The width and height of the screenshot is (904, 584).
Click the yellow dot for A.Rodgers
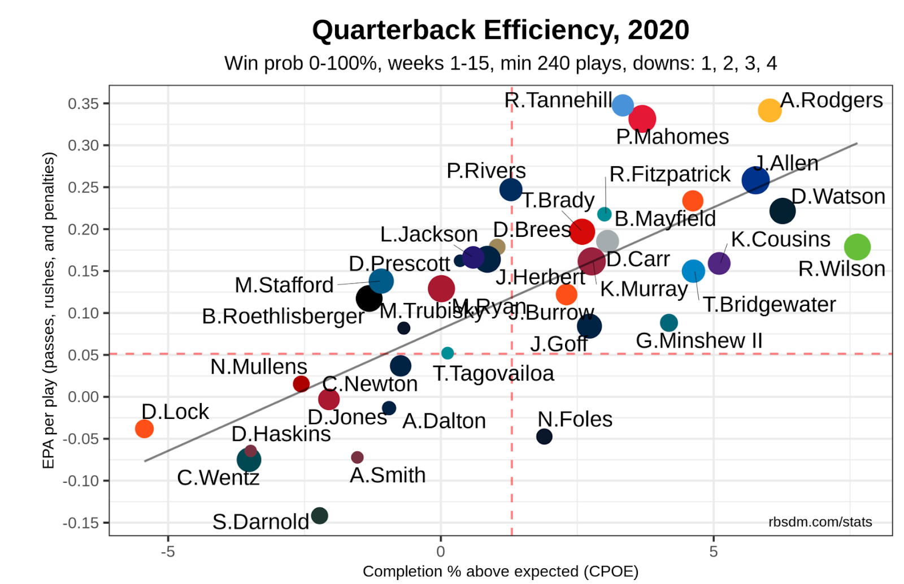pyautogui.click(x=769, y=110)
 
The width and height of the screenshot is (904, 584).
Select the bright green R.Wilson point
pyautogui.click(x=857, y=246)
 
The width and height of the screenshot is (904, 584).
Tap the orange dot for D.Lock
pyautogui.click(x=144, y=429)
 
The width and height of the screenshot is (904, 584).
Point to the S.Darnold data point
pyautogui.click(x=319, y=516)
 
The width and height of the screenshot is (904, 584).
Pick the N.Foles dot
pyautogui.click(x=544, y=436)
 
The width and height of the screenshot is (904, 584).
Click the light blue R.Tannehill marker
pyautogui.click(x=622, y=105)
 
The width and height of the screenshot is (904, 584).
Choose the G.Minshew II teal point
pyautogui.click(x=668, y=323)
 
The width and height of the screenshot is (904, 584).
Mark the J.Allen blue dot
pyautogui.click(x=755, y=180)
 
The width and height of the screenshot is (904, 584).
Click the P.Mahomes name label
pyautogui.click(x=672, y=137)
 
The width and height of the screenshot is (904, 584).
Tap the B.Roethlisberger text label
pyautogui.click(x=282, y=316)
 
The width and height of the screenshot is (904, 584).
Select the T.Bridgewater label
pyautogui.click(x=768, y=305)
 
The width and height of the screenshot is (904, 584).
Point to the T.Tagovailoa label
pyautogui.click(x=493, y=374)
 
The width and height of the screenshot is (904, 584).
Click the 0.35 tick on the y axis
pyautogui.click(x=83, y=103)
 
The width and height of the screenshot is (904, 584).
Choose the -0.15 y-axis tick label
pyautogui.click(x=80, y=523)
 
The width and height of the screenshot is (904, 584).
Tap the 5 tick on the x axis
pyautogui.click(x=713, y=552)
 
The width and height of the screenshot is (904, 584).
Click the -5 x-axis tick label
pyautogui.click(x=167, y=552)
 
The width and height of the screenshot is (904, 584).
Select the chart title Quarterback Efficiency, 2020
pyautogui.click(x=501, y=30)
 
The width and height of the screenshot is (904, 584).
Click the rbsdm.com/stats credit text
pyautogui.click(x=819, y=522)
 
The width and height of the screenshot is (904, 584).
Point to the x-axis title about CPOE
pyautogui.click(x=500, y=572)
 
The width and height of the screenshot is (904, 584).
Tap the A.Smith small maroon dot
pyautogui.click(x=357, y=457)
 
